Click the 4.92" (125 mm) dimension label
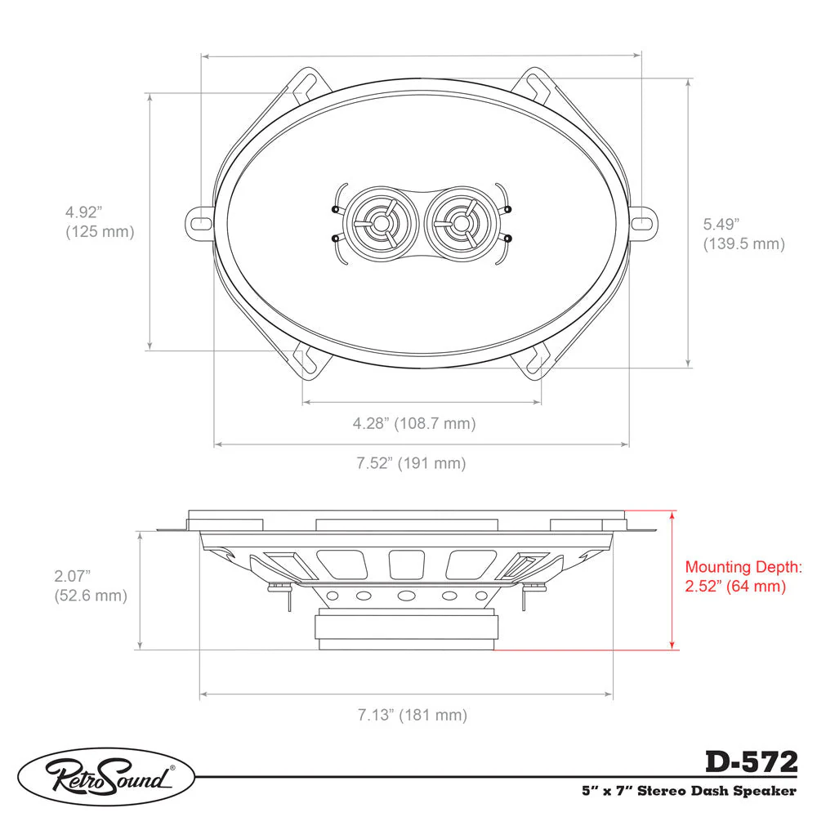(x=100, y=222)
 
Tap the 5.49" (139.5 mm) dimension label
(x=743, y=234)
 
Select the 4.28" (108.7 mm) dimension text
(x=414, y=423)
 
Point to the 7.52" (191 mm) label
(x=411, y=462)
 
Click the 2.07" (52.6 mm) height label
(x=91, y=586)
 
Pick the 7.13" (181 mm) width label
(x=412, y=714)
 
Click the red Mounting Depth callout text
(x=743, y=576)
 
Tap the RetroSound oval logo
(x=106, y=777)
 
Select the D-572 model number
(x=752, y=761)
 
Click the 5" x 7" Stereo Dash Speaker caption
(x=689, y=791)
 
